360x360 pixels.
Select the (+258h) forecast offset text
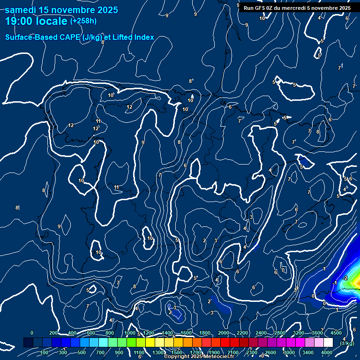click(x=83, y=21)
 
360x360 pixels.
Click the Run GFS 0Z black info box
click(x=297, y=8)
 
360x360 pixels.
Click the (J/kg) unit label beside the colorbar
click(x=347, y=343)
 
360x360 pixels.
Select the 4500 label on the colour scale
click(x=336, y=333)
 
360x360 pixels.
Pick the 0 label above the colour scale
click(x=32, y=333)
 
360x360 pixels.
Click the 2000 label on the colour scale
click(x=224, y=333)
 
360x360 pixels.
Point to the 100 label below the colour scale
click(x=45, y=352)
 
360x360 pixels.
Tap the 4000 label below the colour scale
click(x=327, y=352)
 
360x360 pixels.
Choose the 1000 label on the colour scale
click(x=130, y=333)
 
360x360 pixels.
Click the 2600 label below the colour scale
click(x=270, y=352)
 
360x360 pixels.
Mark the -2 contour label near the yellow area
click(x=345, y=278)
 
